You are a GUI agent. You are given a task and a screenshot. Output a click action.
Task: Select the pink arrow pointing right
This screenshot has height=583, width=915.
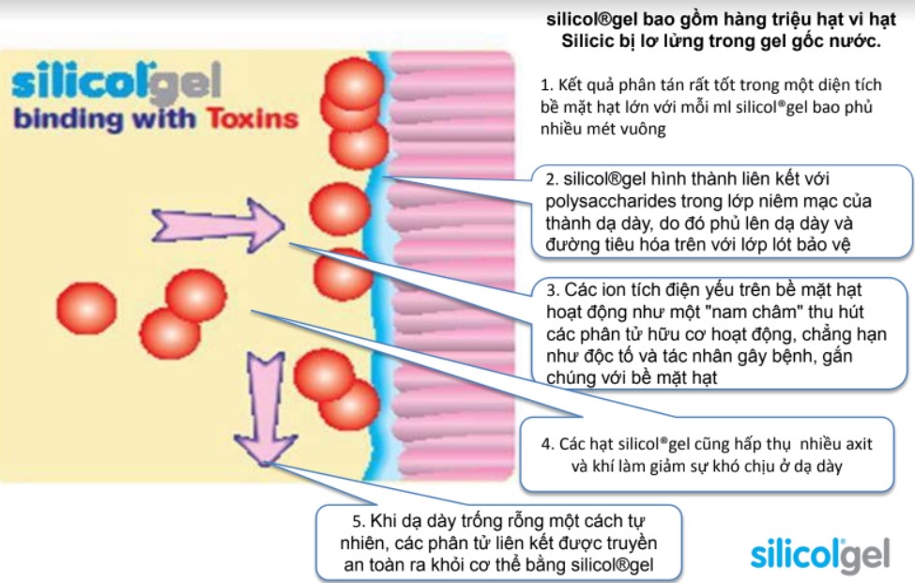click(x=217, y=223)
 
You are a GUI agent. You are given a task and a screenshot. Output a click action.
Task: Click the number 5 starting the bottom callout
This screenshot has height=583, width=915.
click(x=347, y=521)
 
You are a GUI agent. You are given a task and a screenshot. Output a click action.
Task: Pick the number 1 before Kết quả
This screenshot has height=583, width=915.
click(x=546, y=84)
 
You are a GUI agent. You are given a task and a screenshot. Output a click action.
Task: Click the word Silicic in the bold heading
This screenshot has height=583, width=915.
click(x=587, y=42)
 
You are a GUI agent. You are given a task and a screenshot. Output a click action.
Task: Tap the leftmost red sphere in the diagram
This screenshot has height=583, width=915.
click(x=87, y=305)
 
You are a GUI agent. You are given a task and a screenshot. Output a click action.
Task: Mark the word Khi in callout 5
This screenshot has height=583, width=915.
click(x=376, y=521)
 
